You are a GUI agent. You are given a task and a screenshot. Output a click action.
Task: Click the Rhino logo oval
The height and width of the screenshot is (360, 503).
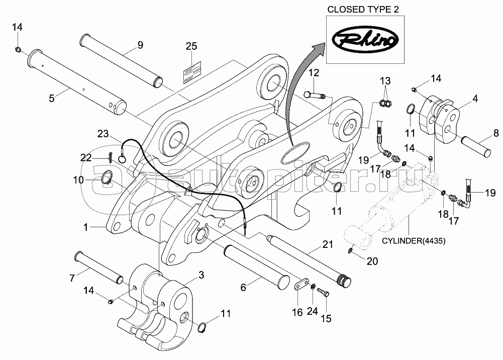365,40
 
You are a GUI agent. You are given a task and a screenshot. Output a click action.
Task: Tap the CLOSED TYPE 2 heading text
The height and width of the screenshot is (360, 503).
363,10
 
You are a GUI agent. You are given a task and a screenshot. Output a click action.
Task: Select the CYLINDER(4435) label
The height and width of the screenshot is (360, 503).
413,241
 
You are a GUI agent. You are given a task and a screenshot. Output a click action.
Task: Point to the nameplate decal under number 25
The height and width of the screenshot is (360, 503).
192,72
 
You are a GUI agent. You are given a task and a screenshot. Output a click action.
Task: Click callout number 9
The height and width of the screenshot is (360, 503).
140,45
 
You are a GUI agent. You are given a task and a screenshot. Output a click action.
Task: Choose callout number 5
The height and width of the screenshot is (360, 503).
52,99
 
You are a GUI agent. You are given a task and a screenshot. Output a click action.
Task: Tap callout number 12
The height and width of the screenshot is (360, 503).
314,73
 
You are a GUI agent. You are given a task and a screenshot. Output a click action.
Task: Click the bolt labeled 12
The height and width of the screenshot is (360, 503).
314,96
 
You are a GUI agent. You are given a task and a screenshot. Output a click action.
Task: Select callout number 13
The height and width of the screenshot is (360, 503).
385,80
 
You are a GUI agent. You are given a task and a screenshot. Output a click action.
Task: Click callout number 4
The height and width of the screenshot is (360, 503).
475,99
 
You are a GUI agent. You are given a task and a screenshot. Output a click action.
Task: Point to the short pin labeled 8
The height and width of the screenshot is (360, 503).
476,145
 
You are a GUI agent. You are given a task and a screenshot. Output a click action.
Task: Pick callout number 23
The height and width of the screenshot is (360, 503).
103,133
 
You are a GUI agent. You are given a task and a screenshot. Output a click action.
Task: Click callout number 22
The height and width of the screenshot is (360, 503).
86,157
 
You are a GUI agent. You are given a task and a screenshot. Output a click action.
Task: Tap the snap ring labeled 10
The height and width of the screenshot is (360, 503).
107,177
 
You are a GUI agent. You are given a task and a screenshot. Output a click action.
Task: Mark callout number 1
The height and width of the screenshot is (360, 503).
85,227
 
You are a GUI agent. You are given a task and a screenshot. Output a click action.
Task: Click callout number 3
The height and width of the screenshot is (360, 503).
201,276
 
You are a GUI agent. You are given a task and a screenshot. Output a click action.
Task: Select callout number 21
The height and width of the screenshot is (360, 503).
327,244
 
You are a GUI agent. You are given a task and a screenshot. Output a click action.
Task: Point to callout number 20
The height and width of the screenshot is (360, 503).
372,261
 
